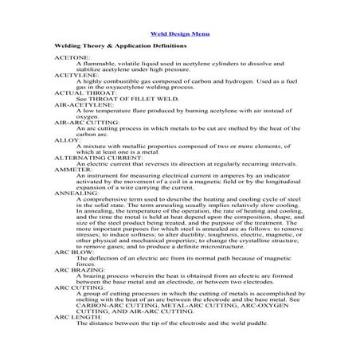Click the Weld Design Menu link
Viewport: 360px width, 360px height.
tap(180, 34)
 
